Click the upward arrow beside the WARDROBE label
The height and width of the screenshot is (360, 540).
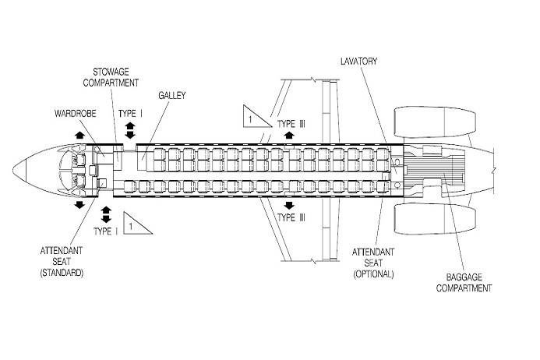pos(79,136)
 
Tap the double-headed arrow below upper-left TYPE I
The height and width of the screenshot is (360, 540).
pos(129,131)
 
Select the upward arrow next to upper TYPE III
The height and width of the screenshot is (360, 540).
pos(289,135)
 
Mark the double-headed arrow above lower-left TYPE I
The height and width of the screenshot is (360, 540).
pos(105,212)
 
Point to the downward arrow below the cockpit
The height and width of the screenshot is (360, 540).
pos(79,205)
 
